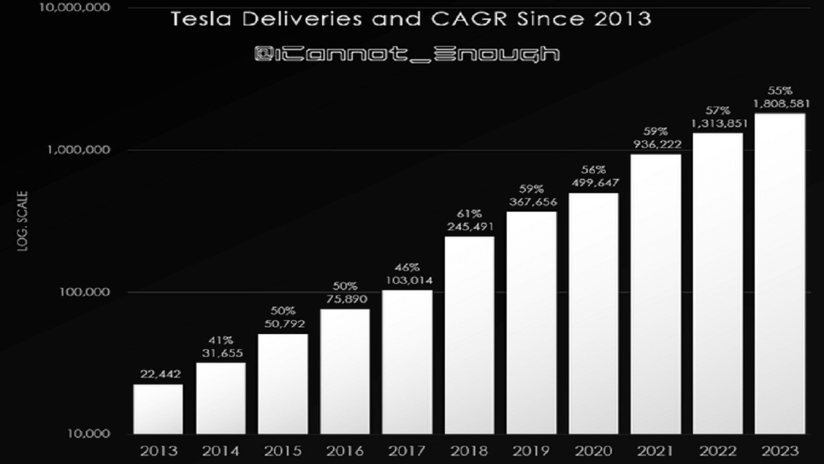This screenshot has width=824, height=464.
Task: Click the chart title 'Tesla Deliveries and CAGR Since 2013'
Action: pyautogui.click(x=411, y=19)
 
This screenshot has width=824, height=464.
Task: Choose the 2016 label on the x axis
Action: pyautogui.click(x=345, y=451)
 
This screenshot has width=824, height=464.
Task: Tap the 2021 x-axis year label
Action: pyautogui.click(x=655, y=451)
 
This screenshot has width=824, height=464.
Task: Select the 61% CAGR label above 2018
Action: pyautogui.click(x=470, y=213)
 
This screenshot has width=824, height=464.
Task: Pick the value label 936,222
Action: pyautogui.click(x=655, y=144)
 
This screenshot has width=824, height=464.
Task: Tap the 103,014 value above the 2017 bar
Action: pyautogui.click(x=407, y=279)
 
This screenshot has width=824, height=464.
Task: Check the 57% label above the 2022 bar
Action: pyautogui.click(x=718, y=111)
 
